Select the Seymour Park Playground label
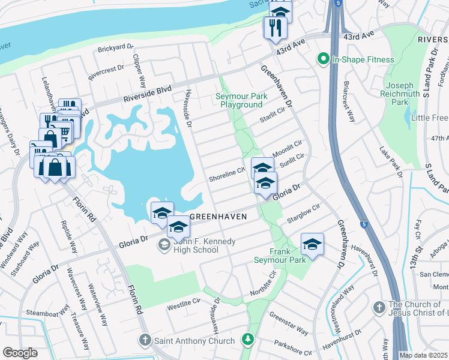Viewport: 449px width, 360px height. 240,100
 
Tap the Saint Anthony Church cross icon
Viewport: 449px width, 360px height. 145,341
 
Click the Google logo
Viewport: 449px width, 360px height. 20,353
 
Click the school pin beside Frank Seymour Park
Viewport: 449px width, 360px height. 312,244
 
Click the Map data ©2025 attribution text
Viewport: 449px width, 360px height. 424,355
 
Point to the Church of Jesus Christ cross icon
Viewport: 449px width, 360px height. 378,307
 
